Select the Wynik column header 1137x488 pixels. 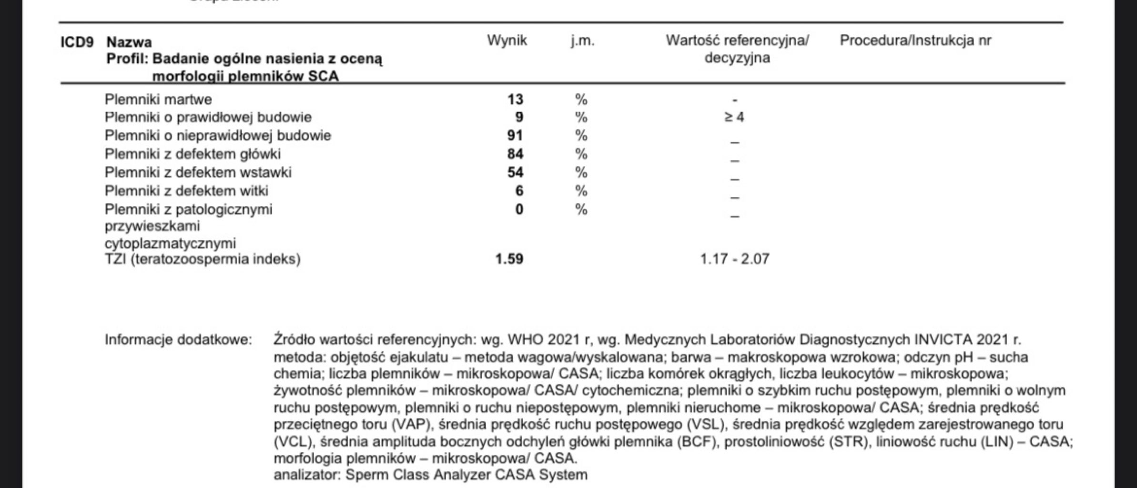[x=507, y=41]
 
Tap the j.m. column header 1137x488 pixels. [x=582, y=41]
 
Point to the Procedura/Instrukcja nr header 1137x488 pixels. [x=915, y=41]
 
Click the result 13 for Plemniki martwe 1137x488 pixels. [x=515, y=99]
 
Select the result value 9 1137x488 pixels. [x=519, y=117]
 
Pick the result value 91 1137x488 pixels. [x=515, y=136]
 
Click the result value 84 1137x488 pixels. [x=515, y=154]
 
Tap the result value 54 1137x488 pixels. [x=515, y=172]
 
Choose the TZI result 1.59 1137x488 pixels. [x=509, y=259]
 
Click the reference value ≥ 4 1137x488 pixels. [x=734, y=117]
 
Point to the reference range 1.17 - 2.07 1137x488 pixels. [x=734, y=259]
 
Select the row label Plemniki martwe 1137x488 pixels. [x=158, y=99]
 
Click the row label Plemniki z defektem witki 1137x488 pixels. [x=186, y=191]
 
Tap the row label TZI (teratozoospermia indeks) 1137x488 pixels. [x=203, y=259]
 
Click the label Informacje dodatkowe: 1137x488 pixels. [x=178, y=340]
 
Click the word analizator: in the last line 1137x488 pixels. [x=307, y=475]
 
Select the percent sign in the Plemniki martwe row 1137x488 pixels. [x=581, y=99]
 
